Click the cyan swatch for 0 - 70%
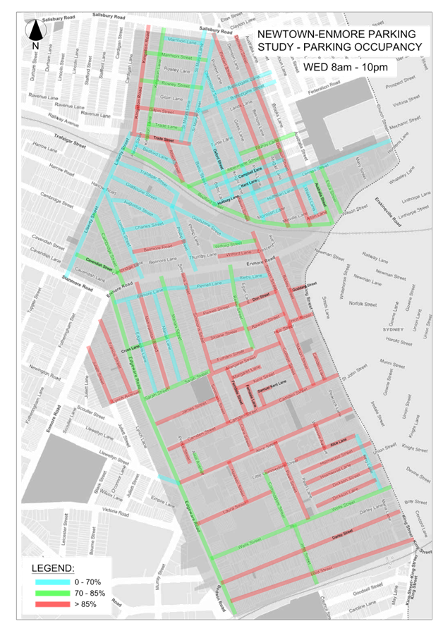coord(51,582)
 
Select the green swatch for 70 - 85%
coord(51,593)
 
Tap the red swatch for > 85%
coord(51,604)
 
